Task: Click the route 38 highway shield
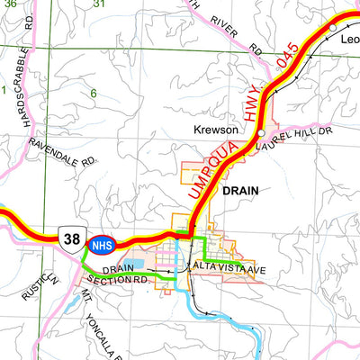coord(71,238)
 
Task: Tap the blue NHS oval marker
coord(100,242)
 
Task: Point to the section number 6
coord(93,94)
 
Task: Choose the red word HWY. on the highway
coord(256,100)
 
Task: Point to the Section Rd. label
coord(125,280)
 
